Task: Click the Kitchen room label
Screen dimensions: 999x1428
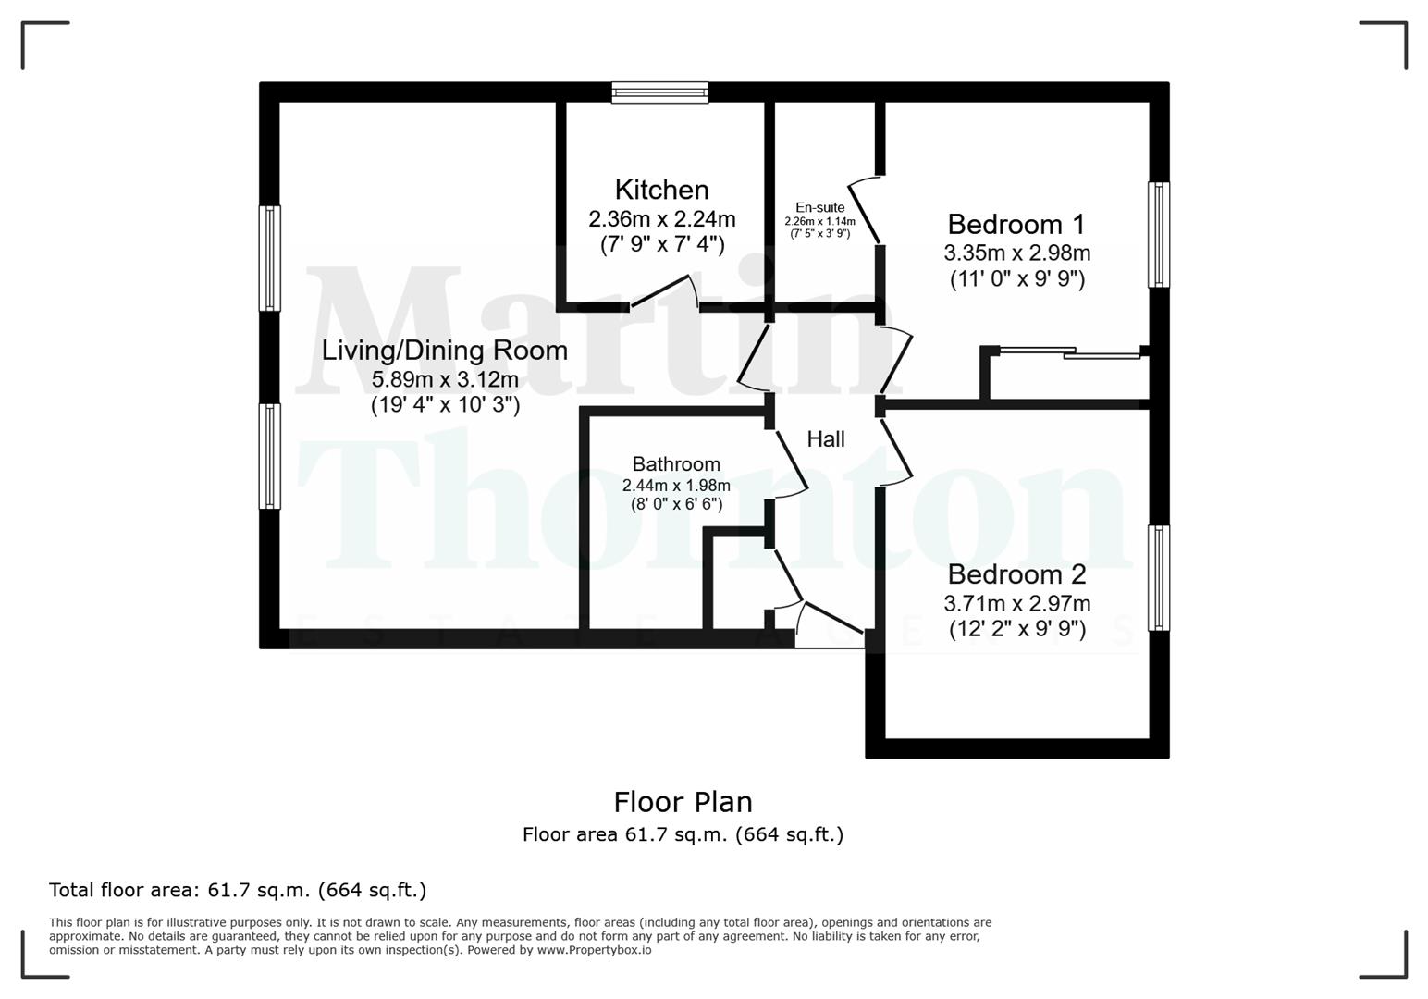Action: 661,190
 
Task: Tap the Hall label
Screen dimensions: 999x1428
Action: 826,439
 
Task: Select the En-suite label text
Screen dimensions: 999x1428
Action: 819,207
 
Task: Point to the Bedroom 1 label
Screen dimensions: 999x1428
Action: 1016,225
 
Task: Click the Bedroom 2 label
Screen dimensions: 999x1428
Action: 1016,574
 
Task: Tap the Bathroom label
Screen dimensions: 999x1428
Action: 676,464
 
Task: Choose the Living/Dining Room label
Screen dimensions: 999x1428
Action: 444,351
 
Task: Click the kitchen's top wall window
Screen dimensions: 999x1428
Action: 659,92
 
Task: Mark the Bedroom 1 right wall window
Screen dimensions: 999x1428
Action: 1158,234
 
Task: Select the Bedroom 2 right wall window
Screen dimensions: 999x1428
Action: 1158,578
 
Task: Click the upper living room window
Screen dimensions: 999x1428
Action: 270,257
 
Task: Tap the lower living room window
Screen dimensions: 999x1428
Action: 270,455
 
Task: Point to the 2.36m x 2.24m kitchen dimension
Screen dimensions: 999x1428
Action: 661,219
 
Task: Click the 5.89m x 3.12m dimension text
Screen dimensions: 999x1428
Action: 444,379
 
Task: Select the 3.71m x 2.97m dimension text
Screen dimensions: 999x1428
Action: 1016,604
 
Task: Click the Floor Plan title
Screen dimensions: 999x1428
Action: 683,801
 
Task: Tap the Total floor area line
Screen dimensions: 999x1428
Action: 238,890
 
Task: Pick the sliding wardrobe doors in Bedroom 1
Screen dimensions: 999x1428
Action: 1070,352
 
